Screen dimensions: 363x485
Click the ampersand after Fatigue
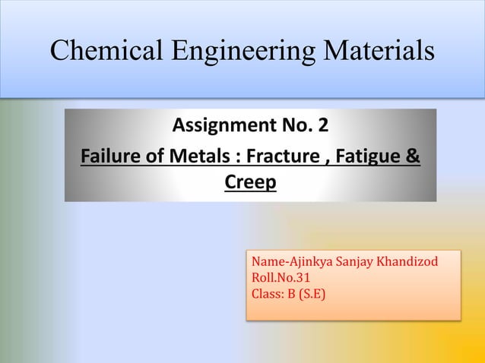coord(413,159)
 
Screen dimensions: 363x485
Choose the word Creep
coord(250,183)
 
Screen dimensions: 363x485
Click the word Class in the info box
coord(265,291)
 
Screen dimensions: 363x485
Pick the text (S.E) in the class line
coord(311,291)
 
